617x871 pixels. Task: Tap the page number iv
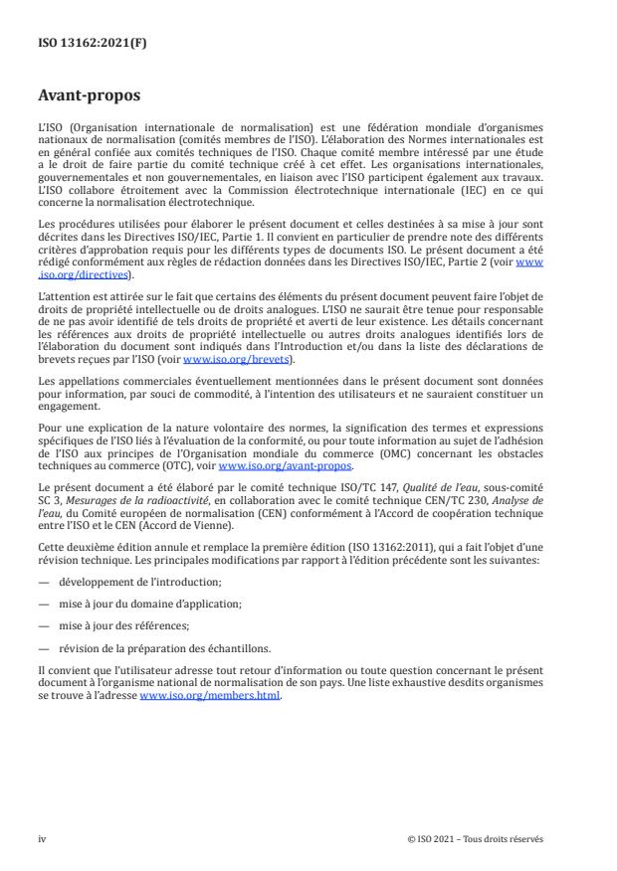click(x=42, y=837)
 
